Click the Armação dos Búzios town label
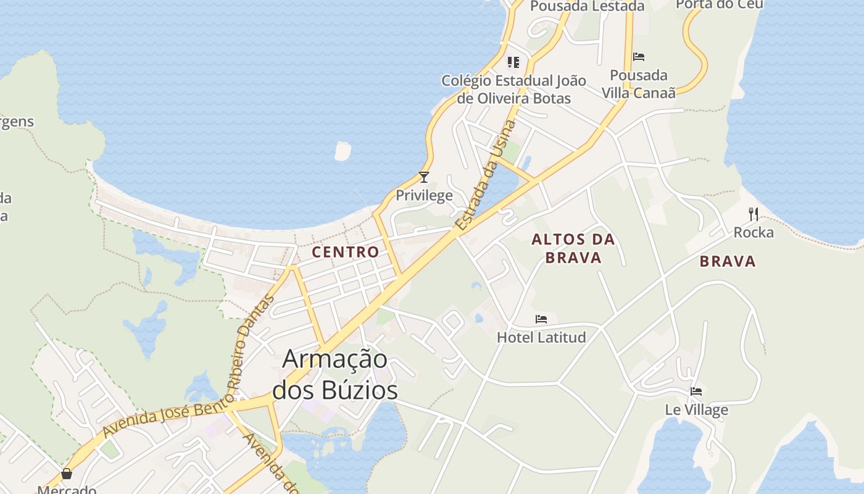tap(334, 375)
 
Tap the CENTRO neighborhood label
tap(346, 252)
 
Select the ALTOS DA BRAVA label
tap(573, 248)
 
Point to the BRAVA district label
tap(728, 261)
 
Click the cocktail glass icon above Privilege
tap(424, 177)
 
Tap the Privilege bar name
tap(424, 196)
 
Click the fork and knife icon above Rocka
tap(753, 214)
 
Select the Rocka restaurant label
tap(753, 233)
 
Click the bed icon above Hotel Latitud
tap(541, 319)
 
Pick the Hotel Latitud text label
tap(541, 337)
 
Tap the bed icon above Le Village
tap(696, 391)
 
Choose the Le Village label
tap(696, 409)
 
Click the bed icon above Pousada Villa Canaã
tap(639, 57)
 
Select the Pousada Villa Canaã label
tap(639, 84)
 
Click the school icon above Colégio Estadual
tap(513, 62)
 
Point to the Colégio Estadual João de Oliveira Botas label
tap(513, 89)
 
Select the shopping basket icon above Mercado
tap(67, 474)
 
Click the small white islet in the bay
tap(343, 151)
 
